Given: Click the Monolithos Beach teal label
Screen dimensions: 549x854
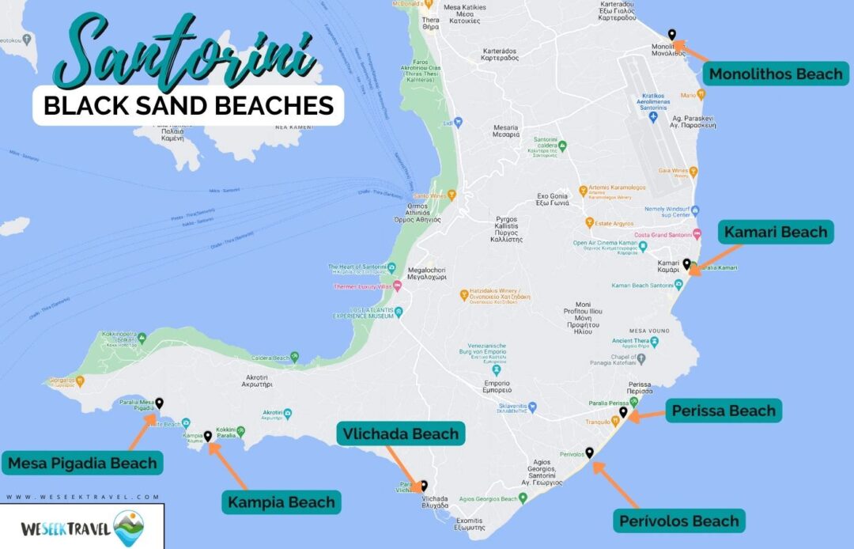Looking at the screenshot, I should coord(775,74).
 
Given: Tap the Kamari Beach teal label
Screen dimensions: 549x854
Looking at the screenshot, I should coord(775,232).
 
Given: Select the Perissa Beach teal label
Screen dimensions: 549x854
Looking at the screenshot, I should coord(724,411).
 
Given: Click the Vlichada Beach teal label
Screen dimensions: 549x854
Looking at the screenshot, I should coord(401,434).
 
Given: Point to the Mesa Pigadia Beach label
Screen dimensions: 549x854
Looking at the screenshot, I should coord(82,463).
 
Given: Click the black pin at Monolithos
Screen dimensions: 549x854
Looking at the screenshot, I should coord(671,34).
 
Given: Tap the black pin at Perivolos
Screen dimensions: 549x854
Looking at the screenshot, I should coord(589,452).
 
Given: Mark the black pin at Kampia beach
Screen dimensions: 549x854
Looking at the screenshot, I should coord(207,435).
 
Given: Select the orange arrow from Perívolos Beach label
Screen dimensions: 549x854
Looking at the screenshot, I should coord(617,484).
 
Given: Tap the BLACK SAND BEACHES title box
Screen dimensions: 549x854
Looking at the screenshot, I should coord(188,105).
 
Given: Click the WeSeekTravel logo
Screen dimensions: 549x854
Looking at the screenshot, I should coord(81,526).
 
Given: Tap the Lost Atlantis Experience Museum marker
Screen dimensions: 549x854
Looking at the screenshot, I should coord(399,311).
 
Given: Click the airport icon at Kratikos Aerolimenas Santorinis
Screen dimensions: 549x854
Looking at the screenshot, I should coord(652,117).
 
